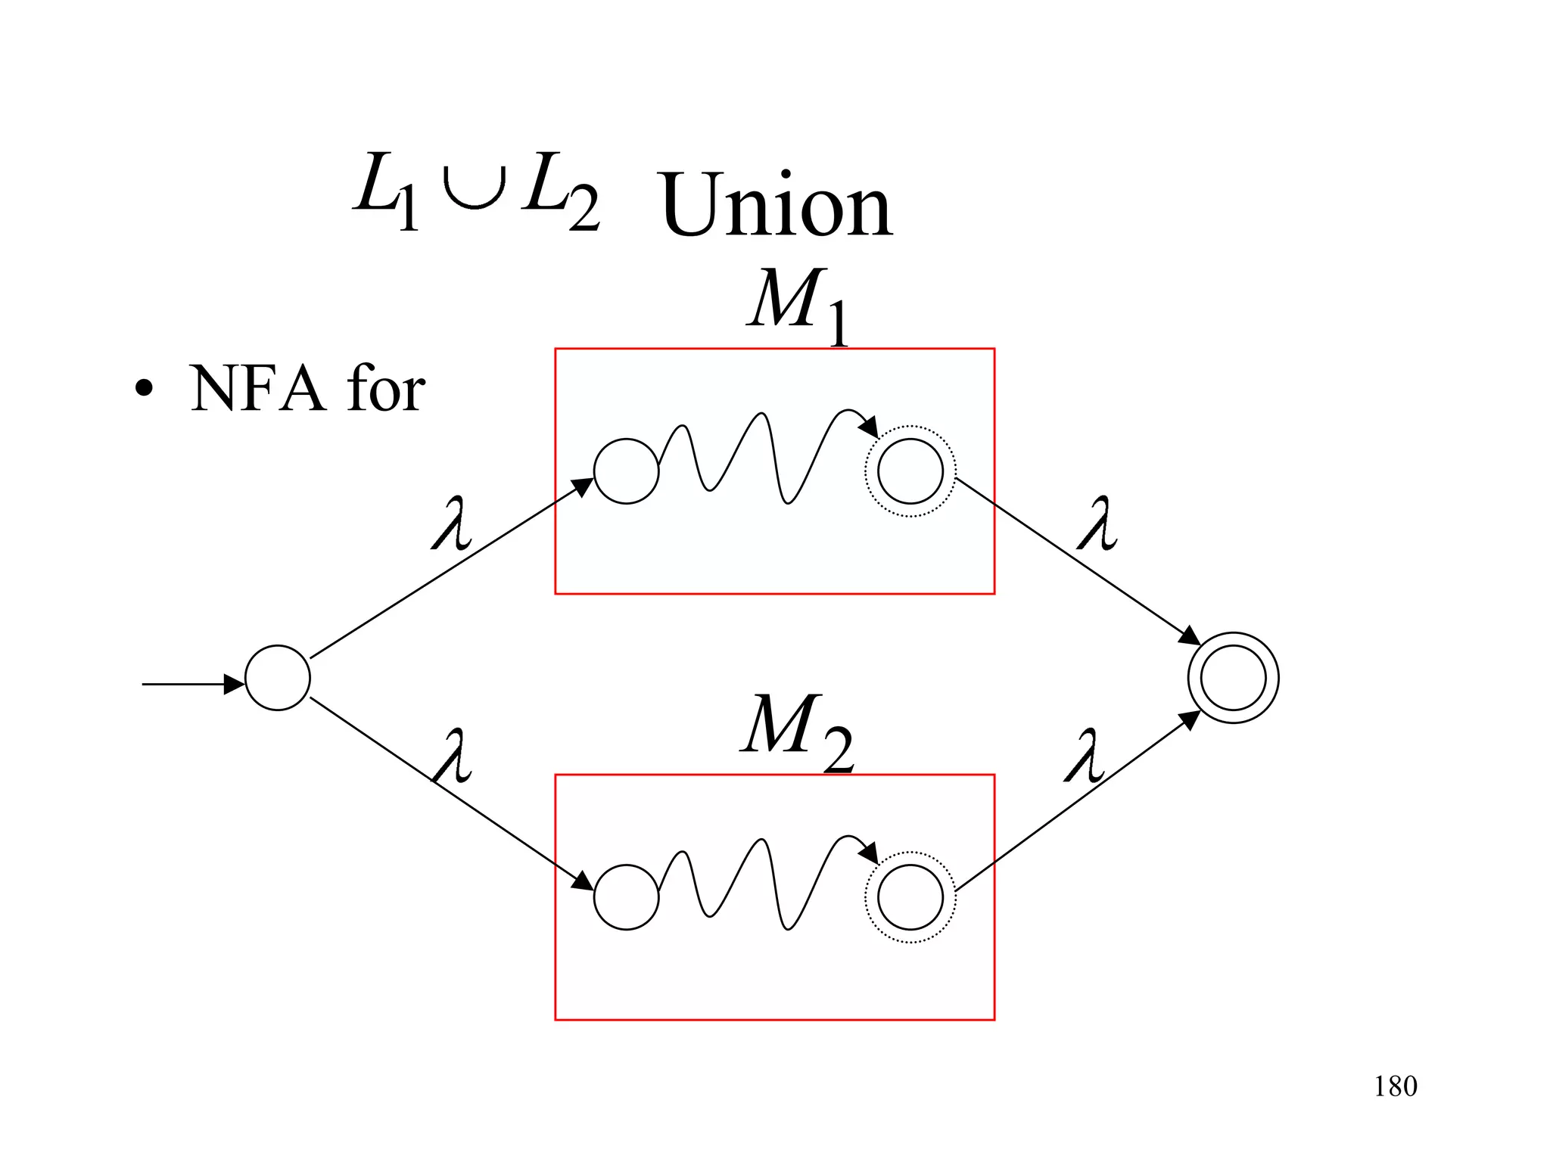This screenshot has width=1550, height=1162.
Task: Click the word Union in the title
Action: pyautogui.click(x=777, y=204)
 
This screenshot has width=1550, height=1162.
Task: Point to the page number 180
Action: pyautogui.click(x=1395, y=1086)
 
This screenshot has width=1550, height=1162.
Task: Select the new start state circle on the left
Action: pyautogui.click(x=278, y=678)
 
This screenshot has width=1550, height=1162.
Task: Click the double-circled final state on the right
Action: pyautogui.click(x=1233, y=678)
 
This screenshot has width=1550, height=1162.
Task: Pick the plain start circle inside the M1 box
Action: pyautogui.click(x=626, y=471)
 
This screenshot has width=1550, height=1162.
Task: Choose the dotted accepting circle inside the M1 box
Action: pyautogui.click(x=910, y=471)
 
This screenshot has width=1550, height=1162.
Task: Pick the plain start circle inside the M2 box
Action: pyautogui.click(x=626, y=897)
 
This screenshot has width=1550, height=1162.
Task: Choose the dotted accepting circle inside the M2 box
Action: pyautogui.click(x=910, y=897)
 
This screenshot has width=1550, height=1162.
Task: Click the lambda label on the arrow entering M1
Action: pyautogui.click(x=453, y=524)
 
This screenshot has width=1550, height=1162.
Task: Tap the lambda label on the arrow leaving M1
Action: pyautogui.click(x=1097, y=524)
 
